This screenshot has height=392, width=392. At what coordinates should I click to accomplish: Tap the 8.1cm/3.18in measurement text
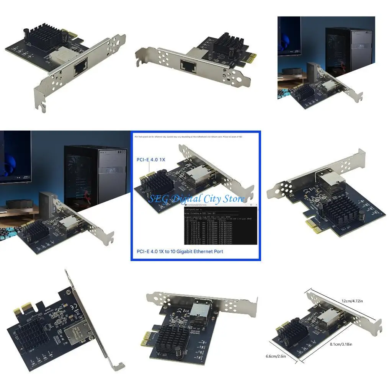pyautogui.click(x=341, y=344)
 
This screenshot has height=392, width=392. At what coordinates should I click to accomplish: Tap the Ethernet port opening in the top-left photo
pyautogui.click(x=80, y=68)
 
